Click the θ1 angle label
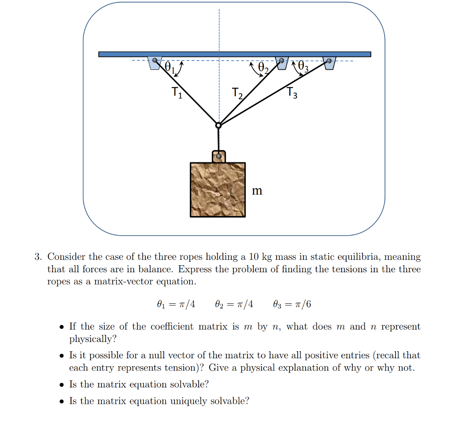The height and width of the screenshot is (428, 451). tap(170, 68)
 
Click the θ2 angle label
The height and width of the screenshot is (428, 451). tap(263, 68)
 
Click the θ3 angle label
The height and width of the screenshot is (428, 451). tap(303, 66)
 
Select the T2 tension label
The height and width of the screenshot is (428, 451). tap(237, 93)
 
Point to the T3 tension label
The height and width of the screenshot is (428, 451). tap(292, 92)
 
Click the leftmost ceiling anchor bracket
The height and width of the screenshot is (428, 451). tap(155, 63)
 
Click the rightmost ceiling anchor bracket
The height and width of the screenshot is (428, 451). tap(329, 63)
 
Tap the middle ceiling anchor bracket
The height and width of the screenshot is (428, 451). tap(281, 63)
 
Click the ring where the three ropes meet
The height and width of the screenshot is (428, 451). tap(218, 125)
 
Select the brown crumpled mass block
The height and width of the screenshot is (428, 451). tap(218, 189)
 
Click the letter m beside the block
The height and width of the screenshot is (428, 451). tap(257, 191)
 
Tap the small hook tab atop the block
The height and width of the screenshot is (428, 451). tap(218, 156)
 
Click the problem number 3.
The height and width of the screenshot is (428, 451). tap(38, 257)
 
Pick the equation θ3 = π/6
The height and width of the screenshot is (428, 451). tap(292, 304)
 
